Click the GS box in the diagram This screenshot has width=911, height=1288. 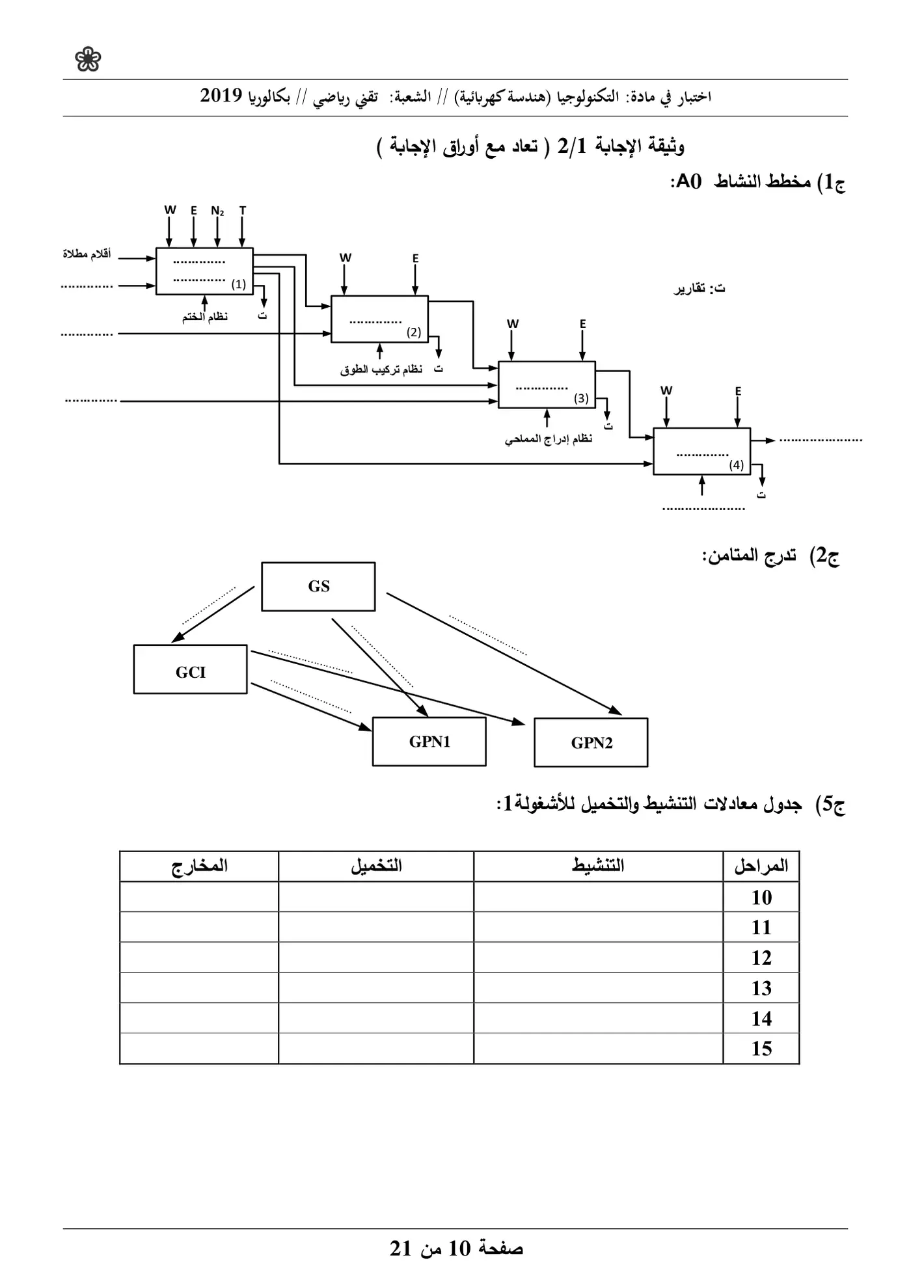tap(318, 587)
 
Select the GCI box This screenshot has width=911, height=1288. tap(191, 669)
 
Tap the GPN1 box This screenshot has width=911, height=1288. tap(429, 742)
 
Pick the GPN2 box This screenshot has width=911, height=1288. tap(591, 743)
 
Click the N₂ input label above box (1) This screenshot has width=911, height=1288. tap(217, 211)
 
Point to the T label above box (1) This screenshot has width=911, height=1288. tap(243, 210)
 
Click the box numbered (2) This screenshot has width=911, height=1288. tap(380, 319)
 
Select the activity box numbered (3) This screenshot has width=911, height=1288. tap(547, 384)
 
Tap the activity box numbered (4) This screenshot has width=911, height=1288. tap(702, 451)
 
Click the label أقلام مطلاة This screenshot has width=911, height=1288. tap(87, 254)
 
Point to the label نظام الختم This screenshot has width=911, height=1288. tap(205, 317)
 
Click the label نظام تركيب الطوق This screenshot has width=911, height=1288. tap(381, 369)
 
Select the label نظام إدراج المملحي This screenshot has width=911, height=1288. tap(549, 439)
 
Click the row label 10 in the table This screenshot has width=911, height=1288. tap(761, 898)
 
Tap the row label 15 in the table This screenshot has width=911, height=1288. tap(761, 1049)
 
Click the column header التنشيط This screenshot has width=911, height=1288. tap(598, 866)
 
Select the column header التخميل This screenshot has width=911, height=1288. tap(376, 866)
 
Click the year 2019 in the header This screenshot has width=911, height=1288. tap(221, 96)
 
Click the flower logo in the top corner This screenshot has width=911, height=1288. tap(88, 60)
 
